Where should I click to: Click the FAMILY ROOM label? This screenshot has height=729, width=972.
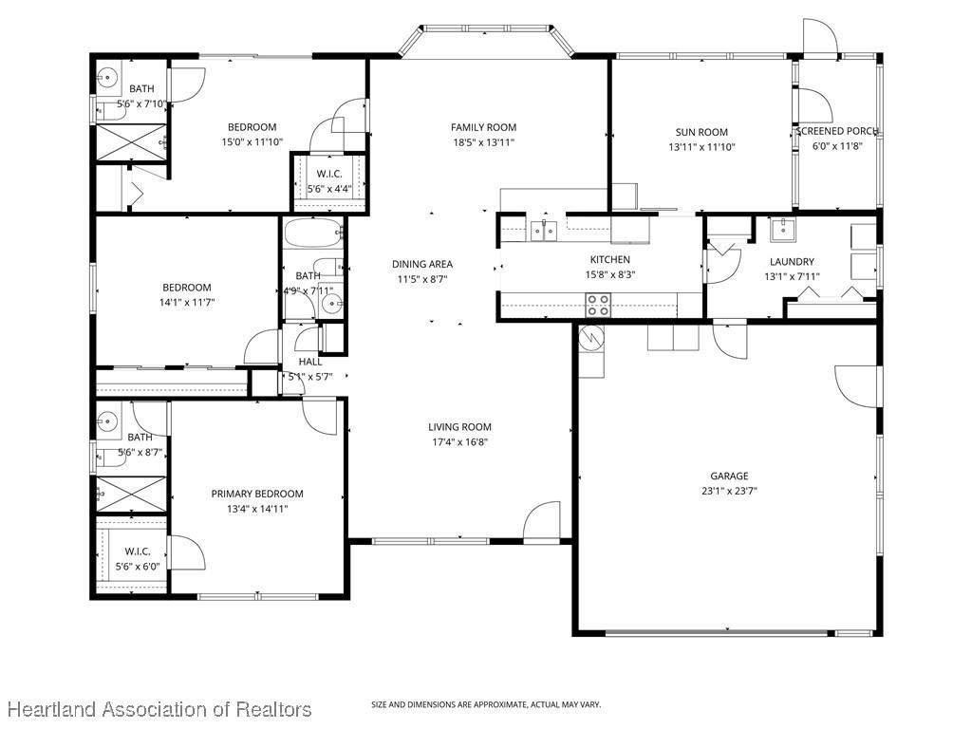coord(483,127)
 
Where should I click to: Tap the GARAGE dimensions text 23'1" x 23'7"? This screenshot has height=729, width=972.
coord(729,491)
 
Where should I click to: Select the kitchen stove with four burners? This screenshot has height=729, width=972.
coord(598,306)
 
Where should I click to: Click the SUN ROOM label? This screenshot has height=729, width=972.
coord(701,132)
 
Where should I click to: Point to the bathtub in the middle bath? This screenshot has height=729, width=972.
coord(313,234)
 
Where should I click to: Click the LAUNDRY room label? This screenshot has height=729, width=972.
coord(793,262)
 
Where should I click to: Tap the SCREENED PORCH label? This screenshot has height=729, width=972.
coord(837,131)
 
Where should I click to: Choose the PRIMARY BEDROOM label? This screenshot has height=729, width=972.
coord(257,494)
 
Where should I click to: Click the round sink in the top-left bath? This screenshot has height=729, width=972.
coord(108,78)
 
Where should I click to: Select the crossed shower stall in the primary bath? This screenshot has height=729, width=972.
coord(131,494)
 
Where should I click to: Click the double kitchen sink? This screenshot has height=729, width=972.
coord(544,230)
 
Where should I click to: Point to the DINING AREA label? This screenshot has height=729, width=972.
coord(422,264)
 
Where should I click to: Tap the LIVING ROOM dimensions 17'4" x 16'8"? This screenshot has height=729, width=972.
coord(460,442)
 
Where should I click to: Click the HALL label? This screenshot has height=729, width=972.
coord(310,362)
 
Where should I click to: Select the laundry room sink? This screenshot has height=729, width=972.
coord(783,230)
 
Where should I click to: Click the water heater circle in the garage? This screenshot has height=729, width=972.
coord(591,338)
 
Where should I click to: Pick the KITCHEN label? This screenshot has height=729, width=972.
coord(610,260)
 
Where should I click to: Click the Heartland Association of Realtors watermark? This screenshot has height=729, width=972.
coord(159,709)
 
